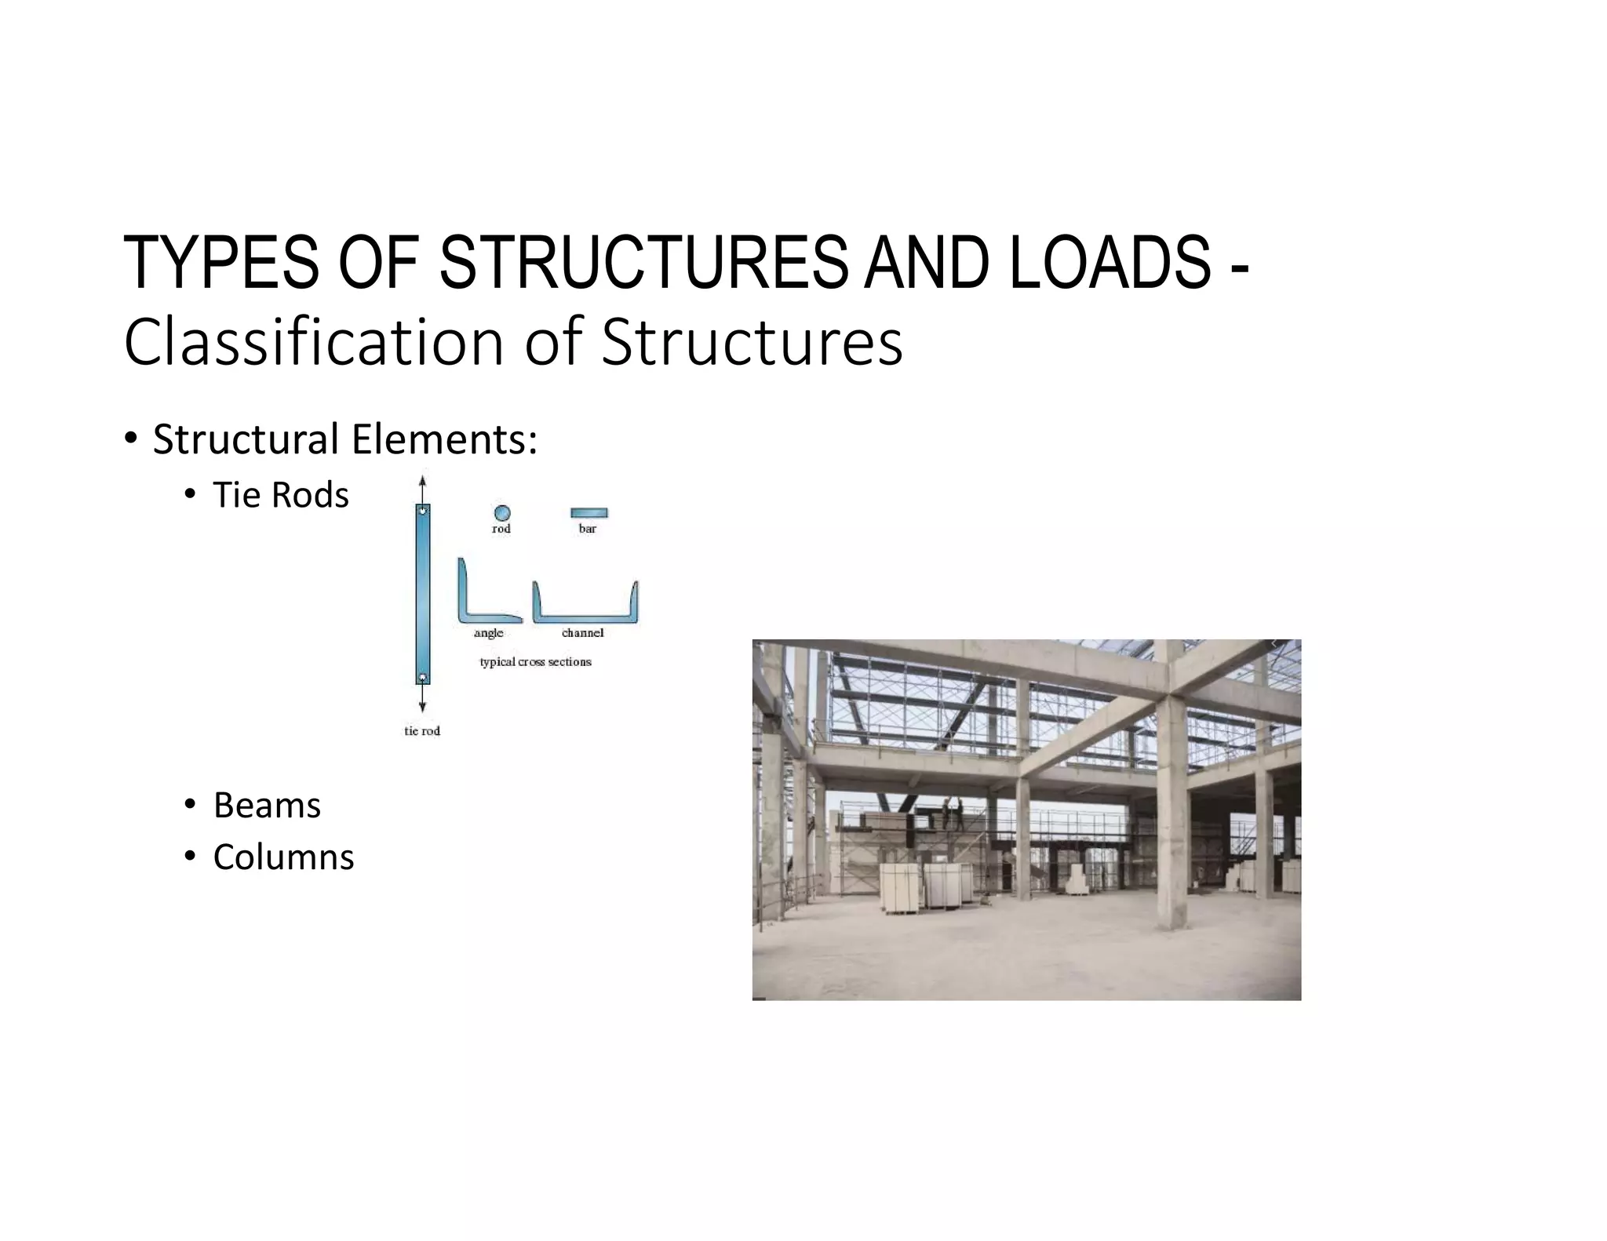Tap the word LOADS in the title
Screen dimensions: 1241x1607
click(1110, 263)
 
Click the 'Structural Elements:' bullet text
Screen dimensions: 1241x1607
click(345, 439)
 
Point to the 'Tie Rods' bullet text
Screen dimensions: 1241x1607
click(281, 495)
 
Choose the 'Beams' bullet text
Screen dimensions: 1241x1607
click(267, 806)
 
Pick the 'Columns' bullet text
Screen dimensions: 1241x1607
click(283, 857)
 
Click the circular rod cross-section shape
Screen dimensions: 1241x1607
click(502, 513)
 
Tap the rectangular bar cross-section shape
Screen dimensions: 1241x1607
click(589, 513)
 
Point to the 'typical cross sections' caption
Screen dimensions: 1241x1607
click(535, 662)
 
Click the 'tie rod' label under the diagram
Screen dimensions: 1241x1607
click(422, 731)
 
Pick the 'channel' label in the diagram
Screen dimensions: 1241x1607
click(582, 633)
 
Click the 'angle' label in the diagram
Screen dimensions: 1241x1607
click(488, 633)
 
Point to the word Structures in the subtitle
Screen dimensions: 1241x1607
click(752, 342)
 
